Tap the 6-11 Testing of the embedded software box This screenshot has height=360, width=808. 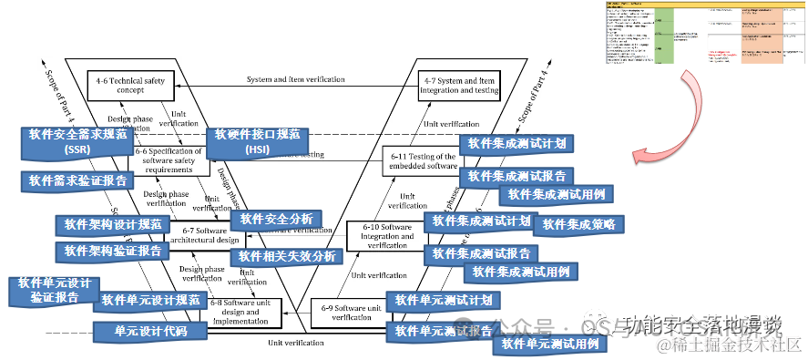(420, 159)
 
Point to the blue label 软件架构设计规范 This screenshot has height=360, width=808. (113, 224)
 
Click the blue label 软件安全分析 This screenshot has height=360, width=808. (276, 219)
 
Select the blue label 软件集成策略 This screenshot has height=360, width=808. (578, 224)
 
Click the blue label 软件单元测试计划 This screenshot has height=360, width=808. (445, 301)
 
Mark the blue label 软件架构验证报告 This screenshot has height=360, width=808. (113, 251)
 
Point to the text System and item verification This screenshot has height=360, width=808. (295, 80)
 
